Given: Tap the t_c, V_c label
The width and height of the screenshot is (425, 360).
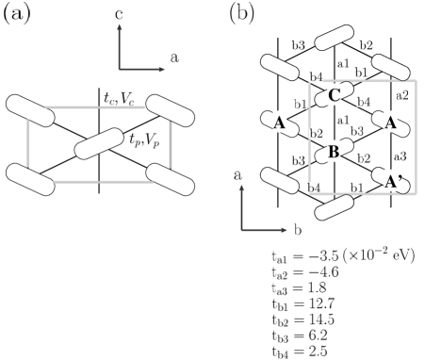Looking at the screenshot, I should pos(122,97).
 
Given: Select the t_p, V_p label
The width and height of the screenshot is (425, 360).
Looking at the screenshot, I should pos(144,139).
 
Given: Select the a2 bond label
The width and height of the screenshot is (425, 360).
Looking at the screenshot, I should pos(401,94).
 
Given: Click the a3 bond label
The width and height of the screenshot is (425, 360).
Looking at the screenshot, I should pos(399,155).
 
